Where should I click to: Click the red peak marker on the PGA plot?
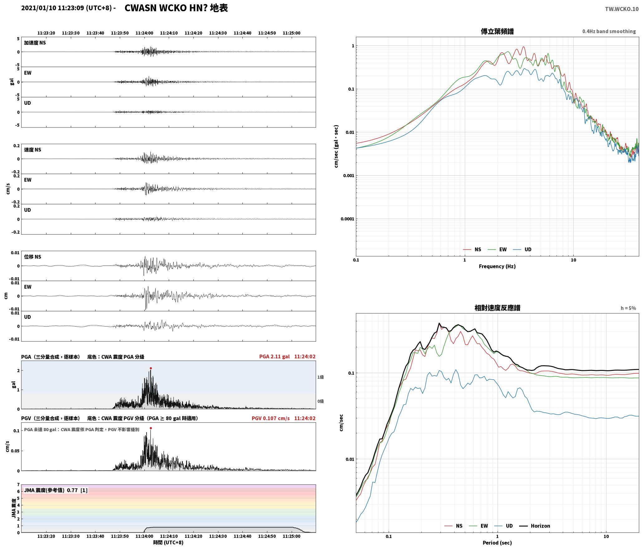click(151, 368)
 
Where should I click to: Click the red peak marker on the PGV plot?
click(151, 428)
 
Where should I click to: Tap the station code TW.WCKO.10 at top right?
click(622, 9)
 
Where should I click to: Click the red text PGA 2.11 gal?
click(274, 356)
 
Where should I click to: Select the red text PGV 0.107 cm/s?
click(270, 418)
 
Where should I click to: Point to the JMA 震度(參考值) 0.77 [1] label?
click(56, 490)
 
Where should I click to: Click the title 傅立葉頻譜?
click(497, 31)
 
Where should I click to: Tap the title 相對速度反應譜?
click(497, 308)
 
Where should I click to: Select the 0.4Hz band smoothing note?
click(609, 31)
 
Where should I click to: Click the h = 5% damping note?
click(628, 308)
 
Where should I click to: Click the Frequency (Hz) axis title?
click(497, 266)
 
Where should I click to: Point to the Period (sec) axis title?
click(497, 542)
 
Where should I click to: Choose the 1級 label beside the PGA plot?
click(320, 377)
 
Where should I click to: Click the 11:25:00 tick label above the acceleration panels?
click(291, 33)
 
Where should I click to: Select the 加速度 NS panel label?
click(35, 43)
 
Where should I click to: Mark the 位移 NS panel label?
click(33, 257)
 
